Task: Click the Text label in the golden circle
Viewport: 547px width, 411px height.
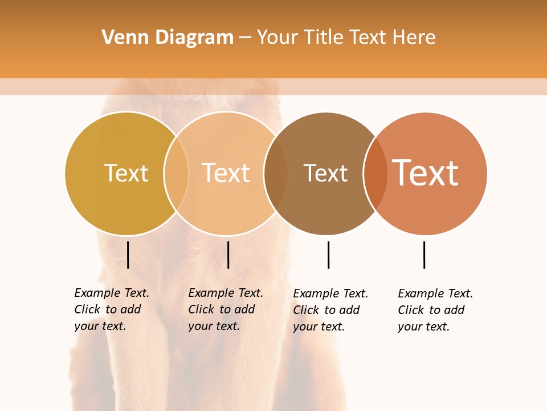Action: coord(126,173)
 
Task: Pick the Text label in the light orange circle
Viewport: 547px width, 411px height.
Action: coord(226,173)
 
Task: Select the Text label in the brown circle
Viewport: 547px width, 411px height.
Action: coord(325,173)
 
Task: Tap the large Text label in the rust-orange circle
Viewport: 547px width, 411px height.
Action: coord(425,172)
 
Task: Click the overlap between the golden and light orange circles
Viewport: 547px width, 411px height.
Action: coord(176,173)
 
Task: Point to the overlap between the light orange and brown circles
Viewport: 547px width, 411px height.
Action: coord(276,173)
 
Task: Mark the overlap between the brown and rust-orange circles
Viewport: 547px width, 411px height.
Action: coord(375,173)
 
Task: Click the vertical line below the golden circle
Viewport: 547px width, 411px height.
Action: coord(128,255)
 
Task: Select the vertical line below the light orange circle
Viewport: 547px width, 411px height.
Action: coord(228,255)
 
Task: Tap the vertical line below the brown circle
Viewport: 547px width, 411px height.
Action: coord(328,255)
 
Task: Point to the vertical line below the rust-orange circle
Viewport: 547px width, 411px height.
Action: coord(424,255)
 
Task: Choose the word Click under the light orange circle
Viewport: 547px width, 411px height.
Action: coord(201,309)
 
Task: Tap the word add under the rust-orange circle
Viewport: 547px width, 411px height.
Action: coord(454,310)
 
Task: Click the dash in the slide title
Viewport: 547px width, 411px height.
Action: coord(245,38)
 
